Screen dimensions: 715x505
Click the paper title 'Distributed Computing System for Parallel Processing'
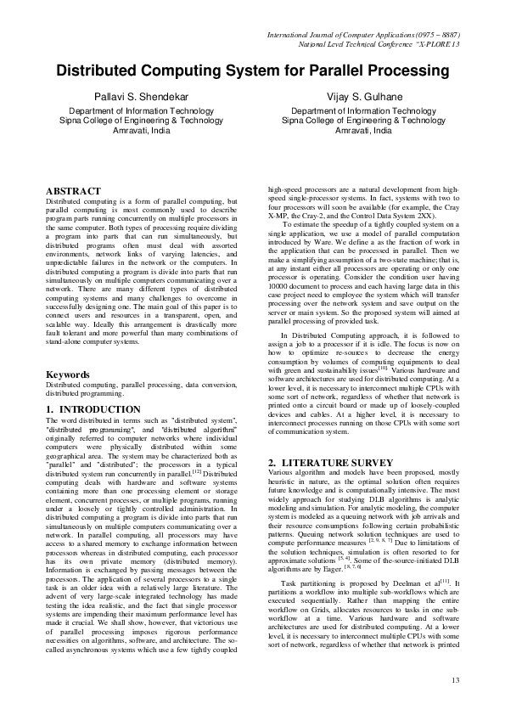(252, 71)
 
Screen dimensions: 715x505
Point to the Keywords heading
(68, 374)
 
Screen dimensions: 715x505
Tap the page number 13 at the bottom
(455, 679)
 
